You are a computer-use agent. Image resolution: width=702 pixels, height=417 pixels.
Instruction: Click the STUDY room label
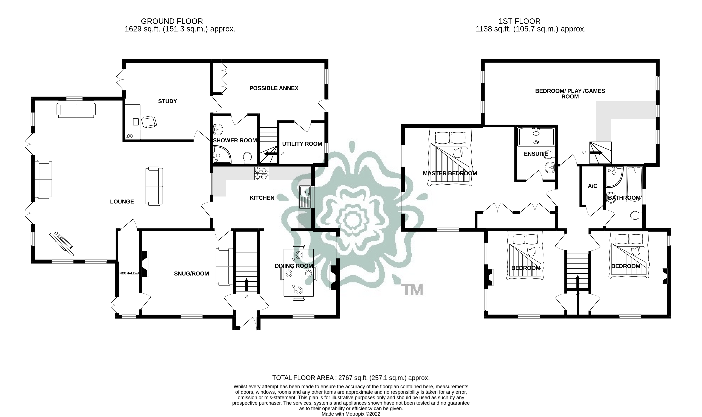pos(167,101)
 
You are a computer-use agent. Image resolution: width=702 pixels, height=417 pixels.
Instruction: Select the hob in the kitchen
pos(261,173)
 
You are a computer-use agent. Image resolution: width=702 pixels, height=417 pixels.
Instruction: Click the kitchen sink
pos(304,197)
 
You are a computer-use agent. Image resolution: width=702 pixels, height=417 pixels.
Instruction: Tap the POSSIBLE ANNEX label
pos(274,88)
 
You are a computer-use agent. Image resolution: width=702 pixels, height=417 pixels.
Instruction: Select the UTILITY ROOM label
pos(302,144)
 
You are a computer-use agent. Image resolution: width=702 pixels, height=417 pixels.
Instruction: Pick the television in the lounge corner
pos(62,243)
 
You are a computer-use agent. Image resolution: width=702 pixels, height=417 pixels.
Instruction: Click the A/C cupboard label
pos(592,186)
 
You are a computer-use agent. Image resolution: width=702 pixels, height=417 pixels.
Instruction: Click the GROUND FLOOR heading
pos(172,21)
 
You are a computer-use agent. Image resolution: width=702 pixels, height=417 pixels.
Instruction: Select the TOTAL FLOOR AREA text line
pos(351,378)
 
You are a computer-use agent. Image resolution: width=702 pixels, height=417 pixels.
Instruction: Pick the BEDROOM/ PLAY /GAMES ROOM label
pos(570,94)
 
